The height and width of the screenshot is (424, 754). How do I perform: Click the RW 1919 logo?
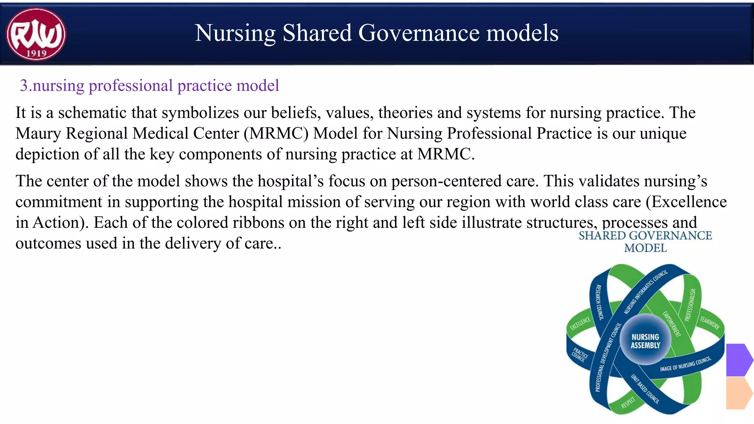[36, 34]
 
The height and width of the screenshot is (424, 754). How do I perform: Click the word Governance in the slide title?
[419, 33]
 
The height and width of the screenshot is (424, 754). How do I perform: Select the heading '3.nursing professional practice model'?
[149, 85]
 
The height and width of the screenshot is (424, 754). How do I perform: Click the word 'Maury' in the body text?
[38, 133]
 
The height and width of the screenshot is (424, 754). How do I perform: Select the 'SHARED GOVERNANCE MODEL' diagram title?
[645, 241]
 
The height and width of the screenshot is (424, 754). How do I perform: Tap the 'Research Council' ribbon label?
[599, 302]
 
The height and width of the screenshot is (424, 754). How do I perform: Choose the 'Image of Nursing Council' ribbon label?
[685, 364]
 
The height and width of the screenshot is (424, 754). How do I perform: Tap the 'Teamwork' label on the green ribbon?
[709, 323]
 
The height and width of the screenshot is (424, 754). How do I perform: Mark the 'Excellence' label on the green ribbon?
[580, 323]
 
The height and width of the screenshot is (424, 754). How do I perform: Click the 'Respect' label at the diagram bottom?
[628, 403]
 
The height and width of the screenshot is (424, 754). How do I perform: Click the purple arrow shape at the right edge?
[738, 360]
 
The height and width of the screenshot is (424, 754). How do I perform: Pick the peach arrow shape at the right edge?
[738, 393]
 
